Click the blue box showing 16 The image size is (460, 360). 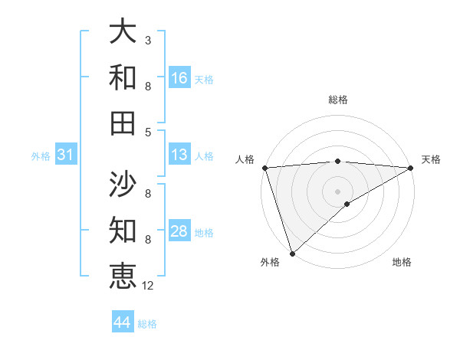179,77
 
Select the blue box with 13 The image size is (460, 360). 179,155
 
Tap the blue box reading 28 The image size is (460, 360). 179,231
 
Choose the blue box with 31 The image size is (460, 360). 66,155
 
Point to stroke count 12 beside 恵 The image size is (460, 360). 148,286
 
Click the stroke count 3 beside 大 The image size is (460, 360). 148,38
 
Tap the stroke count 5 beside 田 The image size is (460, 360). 148,132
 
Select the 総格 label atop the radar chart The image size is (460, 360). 338,100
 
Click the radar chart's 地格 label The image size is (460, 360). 402,263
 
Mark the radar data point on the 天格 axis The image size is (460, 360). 411,168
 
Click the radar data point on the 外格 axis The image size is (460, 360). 292,253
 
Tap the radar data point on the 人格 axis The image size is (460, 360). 264,168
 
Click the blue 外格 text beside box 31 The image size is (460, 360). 41,156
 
